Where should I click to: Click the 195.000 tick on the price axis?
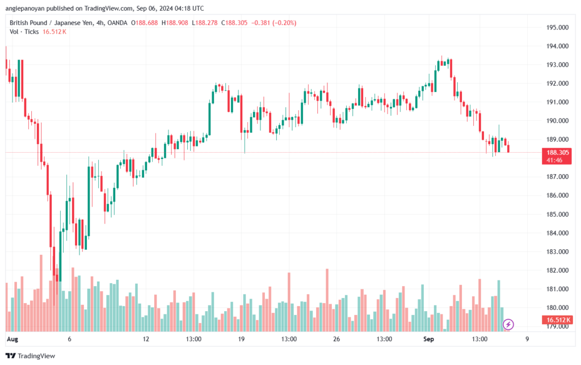pos(557,27)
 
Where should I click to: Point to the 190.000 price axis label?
pos(557,121)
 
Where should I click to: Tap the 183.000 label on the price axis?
pos(557,251)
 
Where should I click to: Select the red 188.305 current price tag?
pos(557,156)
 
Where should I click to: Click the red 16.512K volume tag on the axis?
pos(557,320)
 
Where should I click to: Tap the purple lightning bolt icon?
pos(508,325)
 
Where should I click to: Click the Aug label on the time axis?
pos(12,339)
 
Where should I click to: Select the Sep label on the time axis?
pos(428,339)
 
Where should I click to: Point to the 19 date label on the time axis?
pos(241,339)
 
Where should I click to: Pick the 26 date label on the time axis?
pos(336,339)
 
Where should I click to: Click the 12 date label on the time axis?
pos(146,339)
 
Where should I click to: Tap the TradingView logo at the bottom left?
pos(31,356)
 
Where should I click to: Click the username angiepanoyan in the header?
pos(24,8)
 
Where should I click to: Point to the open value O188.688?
pos(145,23)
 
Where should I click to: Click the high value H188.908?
pos(175,23)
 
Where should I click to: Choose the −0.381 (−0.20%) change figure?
pos(274,23)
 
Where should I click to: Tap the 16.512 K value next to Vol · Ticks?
pos(54,32)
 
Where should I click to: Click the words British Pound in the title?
pos(28,23)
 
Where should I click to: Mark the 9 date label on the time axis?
pos(527,339)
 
